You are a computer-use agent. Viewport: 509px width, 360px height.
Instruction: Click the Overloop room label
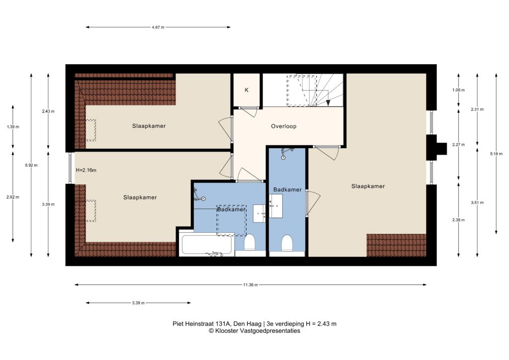tap(284, 126)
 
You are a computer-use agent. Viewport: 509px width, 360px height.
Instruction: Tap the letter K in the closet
tap(247, 90)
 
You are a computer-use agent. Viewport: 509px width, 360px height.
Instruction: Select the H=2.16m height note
tap(86, 170)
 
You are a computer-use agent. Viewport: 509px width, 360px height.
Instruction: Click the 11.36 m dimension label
tap(251, 285)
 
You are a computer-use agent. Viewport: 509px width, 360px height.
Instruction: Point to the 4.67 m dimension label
tap(158, 27)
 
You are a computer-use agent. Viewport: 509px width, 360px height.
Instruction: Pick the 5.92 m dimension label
tap(31, 165)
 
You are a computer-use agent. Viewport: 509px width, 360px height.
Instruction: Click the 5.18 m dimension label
tap(496, 154)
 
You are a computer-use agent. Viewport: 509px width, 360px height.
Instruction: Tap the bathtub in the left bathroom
tap(206, 245)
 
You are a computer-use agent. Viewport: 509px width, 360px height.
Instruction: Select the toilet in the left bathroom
tap(250, 243)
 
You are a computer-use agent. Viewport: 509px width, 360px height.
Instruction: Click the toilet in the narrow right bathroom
tap(287, 243)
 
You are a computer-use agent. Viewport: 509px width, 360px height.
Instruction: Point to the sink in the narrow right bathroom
tap(275, 206)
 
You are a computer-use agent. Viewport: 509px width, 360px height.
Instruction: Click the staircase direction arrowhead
tap(328, 102)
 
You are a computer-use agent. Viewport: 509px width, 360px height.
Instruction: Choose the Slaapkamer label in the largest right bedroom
tap(368, 186)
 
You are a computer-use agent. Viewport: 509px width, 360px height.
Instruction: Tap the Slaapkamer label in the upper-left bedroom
tap(149, 126)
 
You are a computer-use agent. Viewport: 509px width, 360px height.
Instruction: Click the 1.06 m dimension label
tap(458, 90)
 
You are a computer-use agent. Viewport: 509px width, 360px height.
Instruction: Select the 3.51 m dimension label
tap(477, 202)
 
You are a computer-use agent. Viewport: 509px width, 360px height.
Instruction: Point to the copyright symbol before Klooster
tap(211, 331)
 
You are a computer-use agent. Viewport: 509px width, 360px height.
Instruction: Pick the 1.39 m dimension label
tap(13, 127)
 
